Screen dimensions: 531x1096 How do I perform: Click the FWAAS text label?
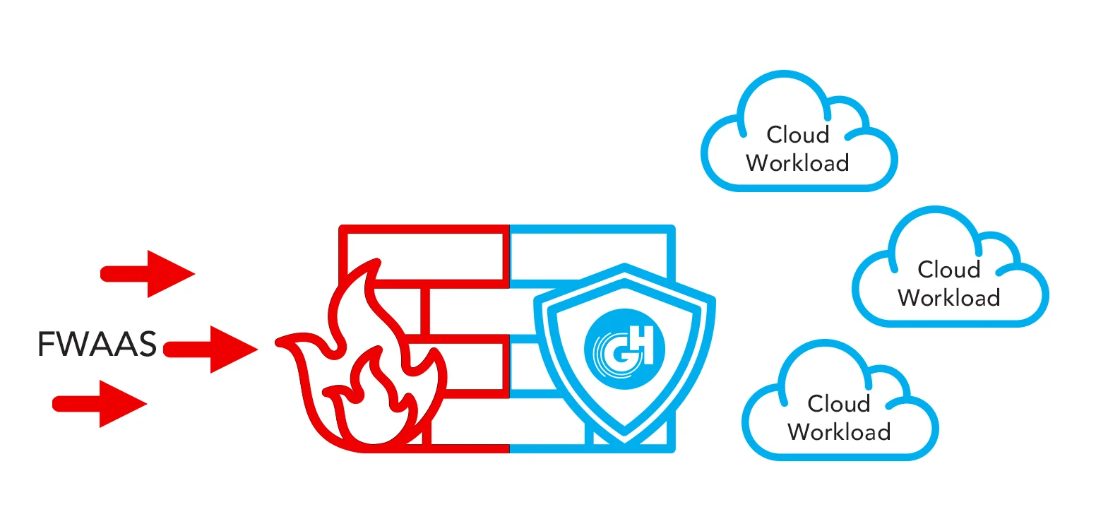[96, 345]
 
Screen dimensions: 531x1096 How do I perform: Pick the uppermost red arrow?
[150, 273]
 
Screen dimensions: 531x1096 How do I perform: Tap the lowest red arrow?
[100, 403]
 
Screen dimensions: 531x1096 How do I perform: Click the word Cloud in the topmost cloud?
[798, 134]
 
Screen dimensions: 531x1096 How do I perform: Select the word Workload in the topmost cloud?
[797, 162]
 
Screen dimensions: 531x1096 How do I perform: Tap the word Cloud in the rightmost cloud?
[949, 269]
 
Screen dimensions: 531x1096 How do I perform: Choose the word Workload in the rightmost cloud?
[949, 297]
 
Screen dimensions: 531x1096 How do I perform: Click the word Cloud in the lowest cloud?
[839, 403]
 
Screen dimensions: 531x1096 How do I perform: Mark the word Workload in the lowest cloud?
[839, 431]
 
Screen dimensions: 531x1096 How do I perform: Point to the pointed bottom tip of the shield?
[624, 441]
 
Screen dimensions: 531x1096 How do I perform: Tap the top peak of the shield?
[624, 267]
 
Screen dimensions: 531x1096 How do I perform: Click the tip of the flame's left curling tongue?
[280, 344]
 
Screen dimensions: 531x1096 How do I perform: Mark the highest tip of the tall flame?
[379, 264]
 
